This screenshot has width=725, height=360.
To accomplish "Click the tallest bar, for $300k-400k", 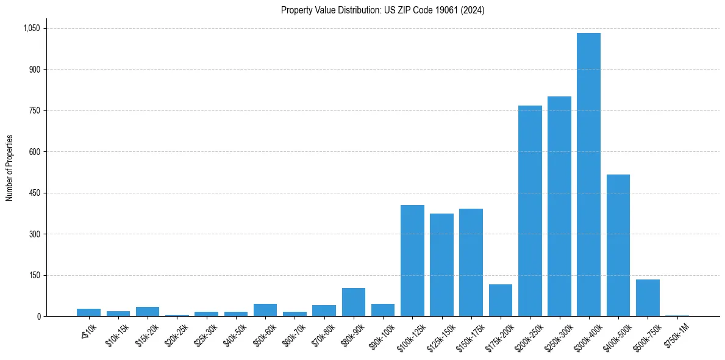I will click(588, 175).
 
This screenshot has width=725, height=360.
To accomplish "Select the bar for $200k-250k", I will click(530, 211).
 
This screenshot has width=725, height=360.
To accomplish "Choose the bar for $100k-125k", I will click(412, 261).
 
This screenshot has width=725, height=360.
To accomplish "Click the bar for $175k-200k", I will click(501, 300).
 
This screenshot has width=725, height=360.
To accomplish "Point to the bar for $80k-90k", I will click(354, 302).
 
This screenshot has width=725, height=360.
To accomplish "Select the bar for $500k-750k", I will click(648, 298).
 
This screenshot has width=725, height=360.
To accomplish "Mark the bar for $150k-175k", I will click(471, 262).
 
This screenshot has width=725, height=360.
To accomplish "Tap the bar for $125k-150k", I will click(441, 265).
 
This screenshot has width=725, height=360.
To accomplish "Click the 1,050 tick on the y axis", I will click(31, 28).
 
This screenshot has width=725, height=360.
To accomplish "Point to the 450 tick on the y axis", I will click(34, 193).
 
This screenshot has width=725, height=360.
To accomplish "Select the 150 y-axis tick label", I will click(34, 275).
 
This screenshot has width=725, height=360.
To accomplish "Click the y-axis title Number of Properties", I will click(10, 168).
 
